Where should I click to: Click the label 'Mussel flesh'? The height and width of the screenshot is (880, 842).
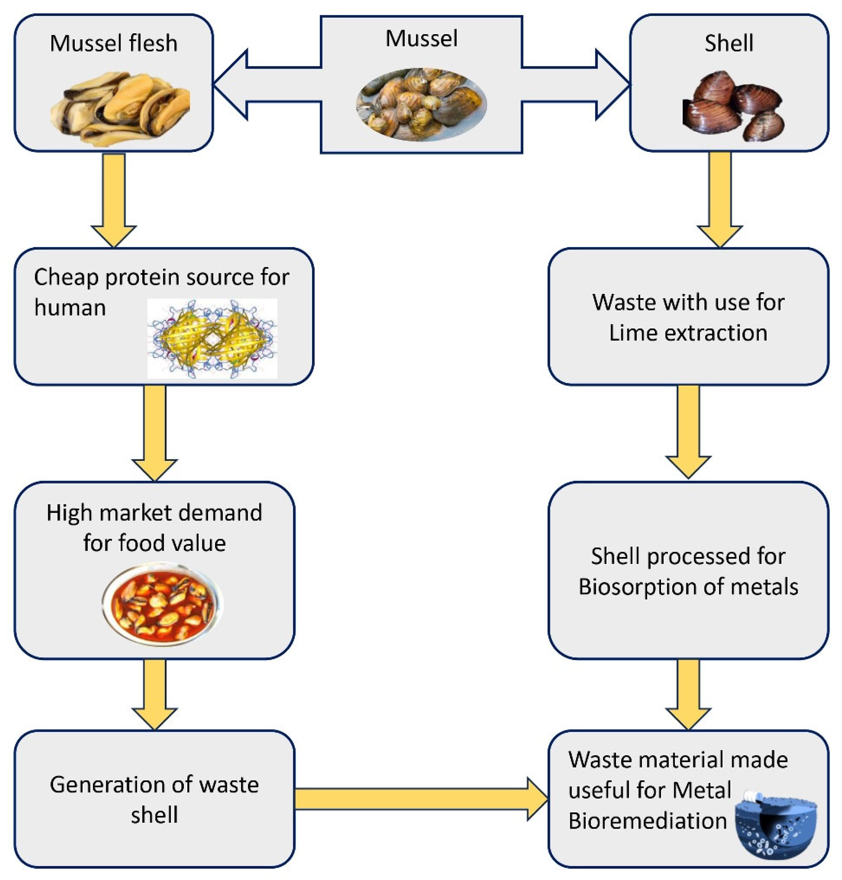[x=114, y=43]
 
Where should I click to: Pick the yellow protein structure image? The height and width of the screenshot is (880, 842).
[x=212, y=338]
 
